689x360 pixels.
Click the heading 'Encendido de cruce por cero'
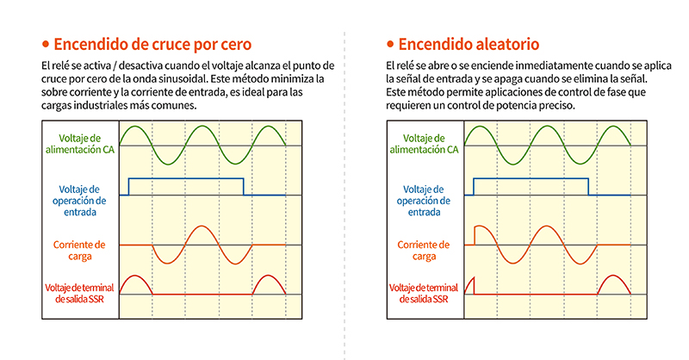click(x=154, y=44)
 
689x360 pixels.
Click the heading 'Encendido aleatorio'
click(x=470, y=44)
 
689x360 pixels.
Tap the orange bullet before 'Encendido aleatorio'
click(x=390, y=44)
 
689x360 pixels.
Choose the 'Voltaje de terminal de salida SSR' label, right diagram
click(x=425, y=293)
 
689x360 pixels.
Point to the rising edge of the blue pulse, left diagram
click(x=128, y=187)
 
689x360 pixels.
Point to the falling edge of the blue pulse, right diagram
click(x=588, y=187)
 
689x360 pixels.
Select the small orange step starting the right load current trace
click(x=475, y=235)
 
